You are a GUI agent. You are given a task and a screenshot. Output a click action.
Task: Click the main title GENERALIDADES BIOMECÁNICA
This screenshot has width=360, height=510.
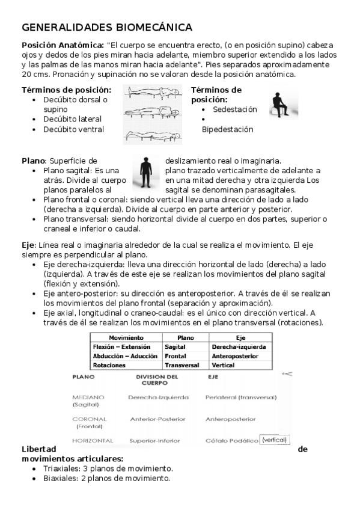(x=107, y=28)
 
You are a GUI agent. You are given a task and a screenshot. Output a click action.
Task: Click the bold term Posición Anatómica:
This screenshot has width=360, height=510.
(x=63, y=45)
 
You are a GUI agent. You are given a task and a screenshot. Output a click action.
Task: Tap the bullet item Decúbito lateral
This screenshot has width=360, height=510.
(x=72, y=119)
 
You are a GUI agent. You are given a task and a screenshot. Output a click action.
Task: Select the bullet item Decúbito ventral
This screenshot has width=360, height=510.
(x=73, y=129)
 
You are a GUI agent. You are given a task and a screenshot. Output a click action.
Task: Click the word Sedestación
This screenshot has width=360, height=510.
(x=234, y=109)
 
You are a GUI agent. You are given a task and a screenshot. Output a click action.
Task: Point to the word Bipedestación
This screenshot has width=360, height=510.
(x=227, y=129)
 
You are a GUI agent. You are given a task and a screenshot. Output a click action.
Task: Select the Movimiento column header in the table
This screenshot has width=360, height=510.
(x=126, y=338)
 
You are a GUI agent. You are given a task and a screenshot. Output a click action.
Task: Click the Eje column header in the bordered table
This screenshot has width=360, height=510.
(x=240, y=338)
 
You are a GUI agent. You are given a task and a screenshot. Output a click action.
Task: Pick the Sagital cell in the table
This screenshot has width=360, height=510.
(x=175, y=347)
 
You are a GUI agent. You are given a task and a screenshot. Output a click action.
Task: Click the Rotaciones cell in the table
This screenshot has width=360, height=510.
(x=109, y=365)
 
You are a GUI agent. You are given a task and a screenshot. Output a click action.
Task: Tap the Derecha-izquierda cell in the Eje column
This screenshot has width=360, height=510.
(x=238, y=347)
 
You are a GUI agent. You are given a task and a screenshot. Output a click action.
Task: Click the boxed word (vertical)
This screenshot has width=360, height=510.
(x=275, y=440)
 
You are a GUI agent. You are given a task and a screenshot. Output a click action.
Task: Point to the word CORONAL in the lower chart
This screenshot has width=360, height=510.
(x=89, y=419)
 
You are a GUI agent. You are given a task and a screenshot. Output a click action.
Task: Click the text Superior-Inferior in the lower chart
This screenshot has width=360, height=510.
(x=154, y=440)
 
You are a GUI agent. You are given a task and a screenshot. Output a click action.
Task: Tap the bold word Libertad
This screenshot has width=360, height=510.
(x=39, y=449)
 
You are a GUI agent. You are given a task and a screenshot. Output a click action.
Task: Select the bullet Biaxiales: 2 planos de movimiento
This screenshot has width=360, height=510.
(x=106, y=478)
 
